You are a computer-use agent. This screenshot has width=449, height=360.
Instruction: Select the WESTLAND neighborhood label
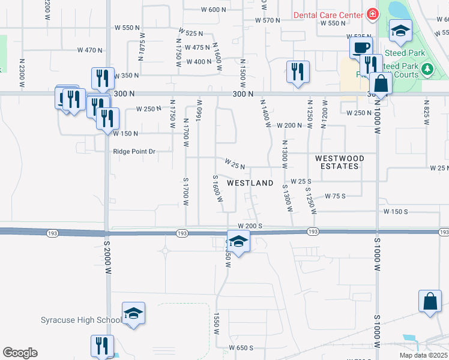coord(250,182)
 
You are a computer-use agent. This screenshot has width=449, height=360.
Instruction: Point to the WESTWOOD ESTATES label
coord(340,162)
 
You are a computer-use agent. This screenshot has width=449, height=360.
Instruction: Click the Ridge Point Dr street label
coord(134,152)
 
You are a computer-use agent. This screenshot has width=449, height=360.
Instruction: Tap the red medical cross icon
coord(373,14)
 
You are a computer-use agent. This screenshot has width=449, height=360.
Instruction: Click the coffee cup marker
coord(361,48)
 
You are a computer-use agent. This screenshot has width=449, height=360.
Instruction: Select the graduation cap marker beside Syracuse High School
coord(134,313)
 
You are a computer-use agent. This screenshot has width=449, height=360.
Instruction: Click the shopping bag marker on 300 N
coord(381,83)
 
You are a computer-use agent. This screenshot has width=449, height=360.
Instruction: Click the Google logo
coord(20,353)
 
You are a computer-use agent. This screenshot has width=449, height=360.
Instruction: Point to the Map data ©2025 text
coord(424,355)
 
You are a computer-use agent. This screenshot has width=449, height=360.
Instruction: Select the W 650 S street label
coord(241,348)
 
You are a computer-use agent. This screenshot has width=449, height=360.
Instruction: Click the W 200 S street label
coord(250,226)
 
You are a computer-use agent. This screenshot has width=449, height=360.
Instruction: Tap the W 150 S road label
coord(396,212)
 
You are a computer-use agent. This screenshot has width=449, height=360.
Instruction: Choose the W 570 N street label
coord(268,20)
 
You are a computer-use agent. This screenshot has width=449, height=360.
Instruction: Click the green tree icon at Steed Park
coord(427,70)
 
